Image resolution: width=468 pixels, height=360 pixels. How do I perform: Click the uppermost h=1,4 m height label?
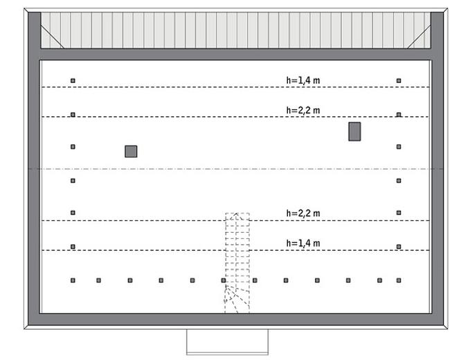(x=303, y=80)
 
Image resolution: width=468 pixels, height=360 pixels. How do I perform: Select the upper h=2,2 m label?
(x=303, y=110)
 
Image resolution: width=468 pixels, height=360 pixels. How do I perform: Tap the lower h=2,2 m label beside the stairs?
(x=303, y=213)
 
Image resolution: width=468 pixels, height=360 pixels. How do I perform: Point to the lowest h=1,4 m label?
(x=303, y=243)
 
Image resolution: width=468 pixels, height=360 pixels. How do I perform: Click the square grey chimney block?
(x=131, y=152)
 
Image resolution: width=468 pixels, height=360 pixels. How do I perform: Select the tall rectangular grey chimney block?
(x=354, y=132)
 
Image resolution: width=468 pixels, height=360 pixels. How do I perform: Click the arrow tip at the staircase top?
(x=236, y=213)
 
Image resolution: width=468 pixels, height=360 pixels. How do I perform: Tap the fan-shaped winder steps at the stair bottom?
(x=237, y=298)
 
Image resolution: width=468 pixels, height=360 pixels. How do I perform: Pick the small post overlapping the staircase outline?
(x=224, y=280)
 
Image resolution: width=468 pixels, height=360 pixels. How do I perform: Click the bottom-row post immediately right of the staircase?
(x=255, y=280)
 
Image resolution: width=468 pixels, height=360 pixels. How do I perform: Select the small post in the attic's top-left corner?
(x=73, y=80)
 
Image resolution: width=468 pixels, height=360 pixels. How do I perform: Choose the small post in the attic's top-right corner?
(x=399, y=80)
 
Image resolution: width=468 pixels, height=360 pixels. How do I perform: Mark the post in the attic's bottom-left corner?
(x=73, y=280)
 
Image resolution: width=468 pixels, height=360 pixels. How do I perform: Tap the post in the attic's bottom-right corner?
(x=399, y=280)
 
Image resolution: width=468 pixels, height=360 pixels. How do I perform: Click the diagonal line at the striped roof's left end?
(x=52, y=37)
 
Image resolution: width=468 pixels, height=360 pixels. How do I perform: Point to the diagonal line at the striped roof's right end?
(x=419, y=37)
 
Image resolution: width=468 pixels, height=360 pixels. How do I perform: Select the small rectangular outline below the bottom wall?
(x=228, y=342)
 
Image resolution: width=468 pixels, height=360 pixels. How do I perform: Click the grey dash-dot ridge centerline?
(x=236, y=169)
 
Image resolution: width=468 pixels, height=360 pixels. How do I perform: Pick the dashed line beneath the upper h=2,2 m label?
(x=235, y=117)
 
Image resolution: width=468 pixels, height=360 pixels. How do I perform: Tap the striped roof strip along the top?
(x=236, y=30)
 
